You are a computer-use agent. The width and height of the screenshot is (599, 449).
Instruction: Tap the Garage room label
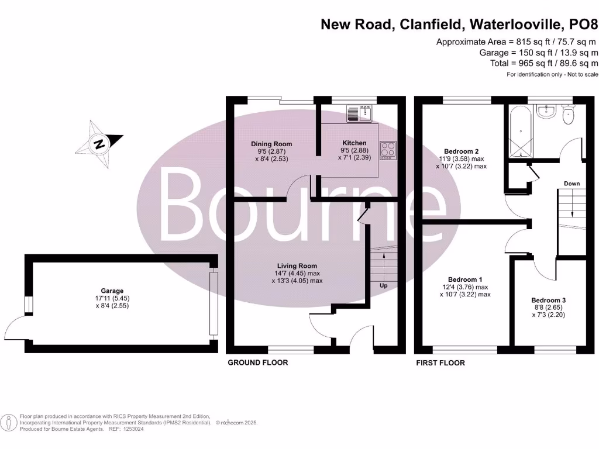112,291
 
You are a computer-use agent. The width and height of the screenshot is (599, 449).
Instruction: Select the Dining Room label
271,144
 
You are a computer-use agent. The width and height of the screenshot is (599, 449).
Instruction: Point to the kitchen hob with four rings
387,150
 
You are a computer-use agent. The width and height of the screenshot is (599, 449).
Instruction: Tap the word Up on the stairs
384,286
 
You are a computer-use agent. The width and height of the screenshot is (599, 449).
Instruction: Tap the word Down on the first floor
572,184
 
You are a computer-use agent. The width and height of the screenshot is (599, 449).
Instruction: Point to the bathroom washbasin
546,112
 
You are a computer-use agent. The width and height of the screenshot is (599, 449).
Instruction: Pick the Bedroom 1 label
465,279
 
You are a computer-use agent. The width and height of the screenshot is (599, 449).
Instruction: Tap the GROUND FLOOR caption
257,363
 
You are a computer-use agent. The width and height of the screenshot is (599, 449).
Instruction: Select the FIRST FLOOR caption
440,363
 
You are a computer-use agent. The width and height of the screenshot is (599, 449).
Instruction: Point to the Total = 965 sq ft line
544,63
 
